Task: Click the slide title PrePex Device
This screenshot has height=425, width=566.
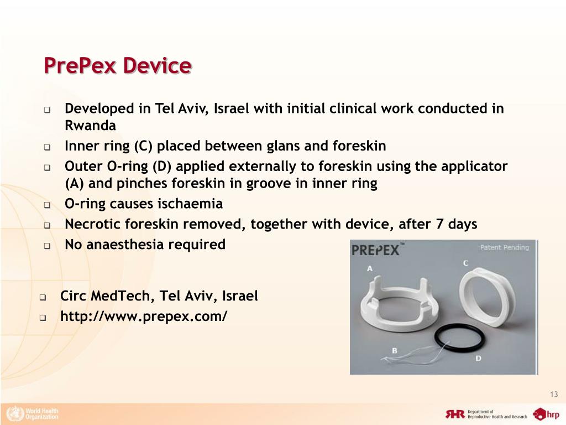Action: point(117,66)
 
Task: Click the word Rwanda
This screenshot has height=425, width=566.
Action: point(90,125)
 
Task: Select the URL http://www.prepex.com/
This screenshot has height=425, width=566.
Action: point(144,317)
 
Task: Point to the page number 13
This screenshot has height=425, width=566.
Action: point(554,394)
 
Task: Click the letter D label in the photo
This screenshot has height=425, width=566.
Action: point(478,359)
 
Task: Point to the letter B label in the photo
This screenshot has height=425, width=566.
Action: point(395,350)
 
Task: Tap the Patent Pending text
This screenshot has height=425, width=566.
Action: point(504,247)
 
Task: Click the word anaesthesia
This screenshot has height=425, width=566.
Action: point(127,245)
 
